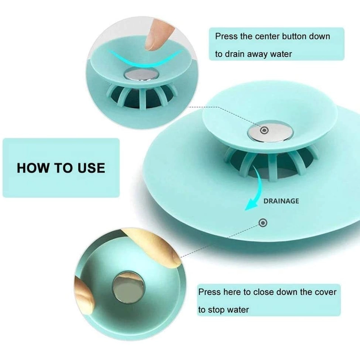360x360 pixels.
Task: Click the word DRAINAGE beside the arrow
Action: [281, 201]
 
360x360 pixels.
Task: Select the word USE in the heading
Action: [91, 168]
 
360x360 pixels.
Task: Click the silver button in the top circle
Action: [141, 74]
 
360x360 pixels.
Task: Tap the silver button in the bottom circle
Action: [129, 287]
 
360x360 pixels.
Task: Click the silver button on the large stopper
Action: [270, 131]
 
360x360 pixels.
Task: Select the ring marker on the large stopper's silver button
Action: [264, 130]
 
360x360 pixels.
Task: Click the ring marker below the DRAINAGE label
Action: [263, 223]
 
